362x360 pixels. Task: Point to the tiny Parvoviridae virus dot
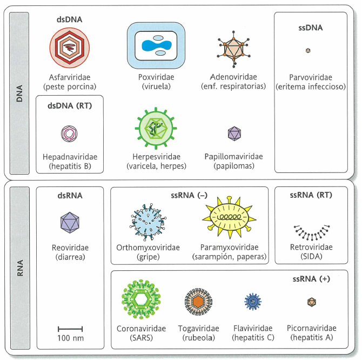(x=307, y=51)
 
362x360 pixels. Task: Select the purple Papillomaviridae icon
(x=234, y=132)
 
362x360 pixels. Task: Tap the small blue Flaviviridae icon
(x=253, y=301)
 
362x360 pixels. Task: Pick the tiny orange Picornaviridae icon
(x=312, y=302)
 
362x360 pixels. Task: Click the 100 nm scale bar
(x=70, y=328)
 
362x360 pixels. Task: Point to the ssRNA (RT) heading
(x=311, y=195)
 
